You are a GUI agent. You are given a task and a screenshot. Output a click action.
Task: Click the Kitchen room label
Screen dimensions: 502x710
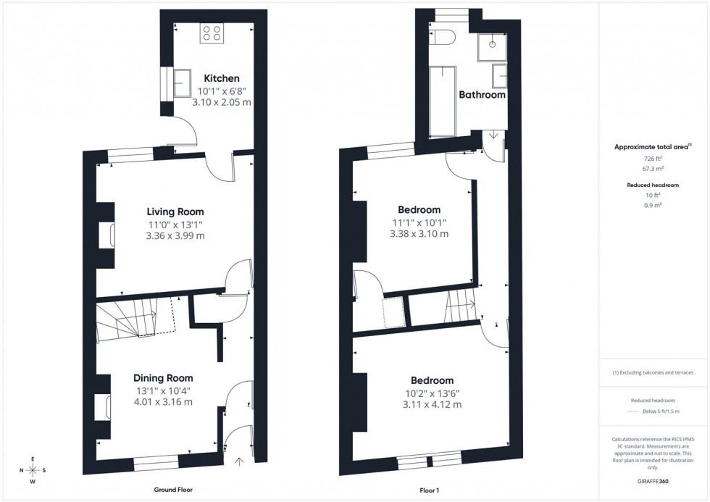tap(222, 78)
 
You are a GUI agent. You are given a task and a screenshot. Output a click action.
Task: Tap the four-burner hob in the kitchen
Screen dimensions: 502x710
tap(212, 33)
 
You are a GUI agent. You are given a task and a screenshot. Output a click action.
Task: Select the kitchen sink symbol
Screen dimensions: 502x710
tap(181, 83)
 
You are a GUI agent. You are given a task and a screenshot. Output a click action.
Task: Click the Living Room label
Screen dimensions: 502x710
tap(175, 212)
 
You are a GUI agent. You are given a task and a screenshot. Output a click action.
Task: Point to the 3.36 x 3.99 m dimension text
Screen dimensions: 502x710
tap(175, 236)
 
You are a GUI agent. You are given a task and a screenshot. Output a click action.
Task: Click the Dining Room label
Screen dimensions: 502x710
tap(163, 378)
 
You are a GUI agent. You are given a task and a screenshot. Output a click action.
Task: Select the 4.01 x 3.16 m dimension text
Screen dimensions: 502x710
tap(163, 403)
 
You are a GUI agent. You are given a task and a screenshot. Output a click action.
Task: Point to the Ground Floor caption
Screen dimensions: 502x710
tap(172, 490)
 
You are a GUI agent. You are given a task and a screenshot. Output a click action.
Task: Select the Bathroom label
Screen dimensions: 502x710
tap(482, 95)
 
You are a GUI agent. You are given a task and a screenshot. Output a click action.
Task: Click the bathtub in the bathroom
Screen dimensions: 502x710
tap(442, 101)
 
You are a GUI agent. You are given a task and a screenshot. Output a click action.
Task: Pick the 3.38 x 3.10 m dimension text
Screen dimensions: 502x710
tap(419, 234)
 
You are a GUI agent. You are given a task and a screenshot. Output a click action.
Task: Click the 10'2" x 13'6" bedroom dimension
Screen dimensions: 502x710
tap(432, 393)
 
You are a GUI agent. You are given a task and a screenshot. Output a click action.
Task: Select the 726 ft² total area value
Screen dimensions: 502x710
tap(653, 158)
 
